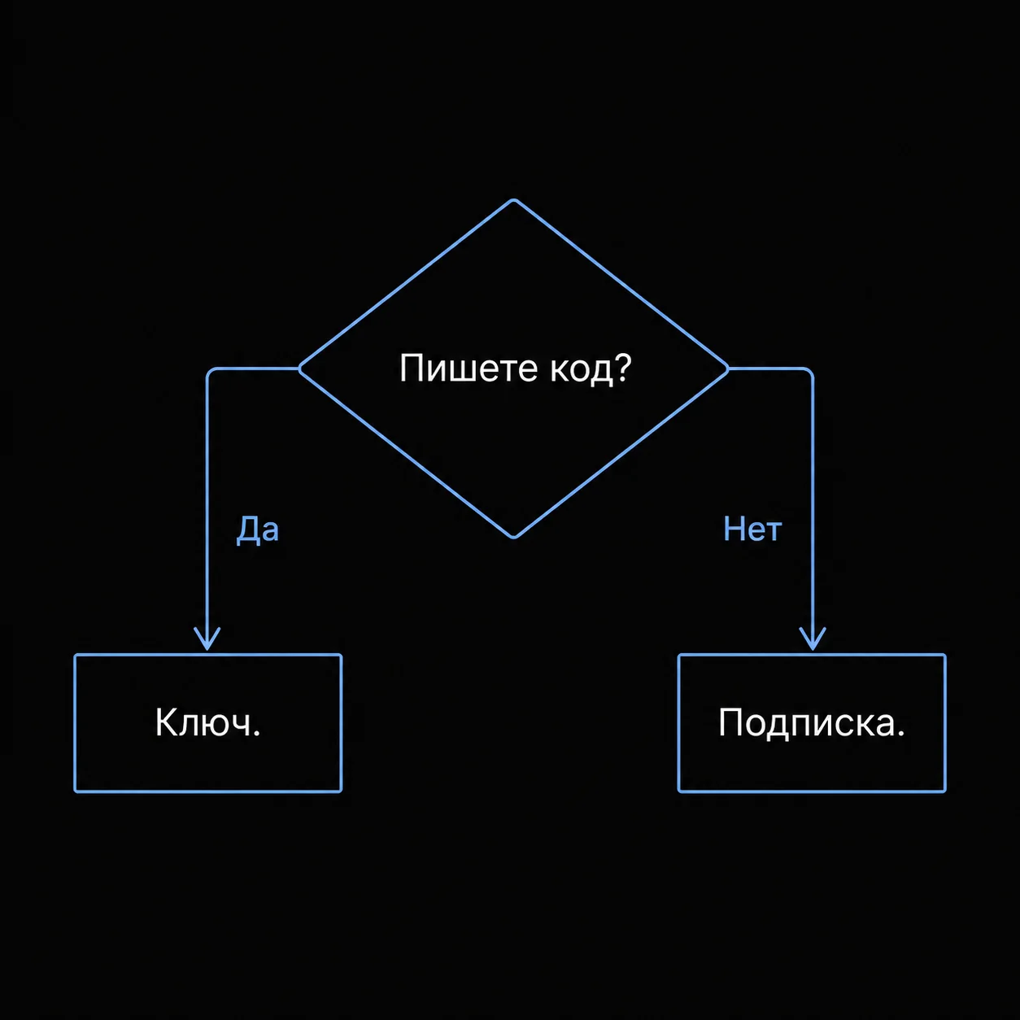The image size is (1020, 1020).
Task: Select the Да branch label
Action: pos(257,530)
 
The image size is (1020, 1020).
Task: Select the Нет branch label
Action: pos(752,529)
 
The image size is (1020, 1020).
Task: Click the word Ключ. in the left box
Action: pos(207,722)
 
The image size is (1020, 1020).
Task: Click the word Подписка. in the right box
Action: pos(812,723)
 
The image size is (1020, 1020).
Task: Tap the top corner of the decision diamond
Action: pos(513,200)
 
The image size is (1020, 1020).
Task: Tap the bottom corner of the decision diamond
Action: pos(513,538)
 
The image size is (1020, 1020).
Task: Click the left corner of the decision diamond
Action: pos(299,369)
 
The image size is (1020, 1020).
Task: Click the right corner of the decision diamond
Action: pos(728,369)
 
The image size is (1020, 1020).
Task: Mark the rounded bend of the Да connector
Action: pos(210,371)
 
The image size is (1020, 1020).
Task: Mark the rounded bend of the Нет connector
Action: pos(810,371)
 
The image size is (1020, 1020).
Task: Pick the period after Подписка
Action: pos(900,733)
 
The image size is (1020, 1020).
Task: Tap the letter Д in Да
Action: pos(246,530)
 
